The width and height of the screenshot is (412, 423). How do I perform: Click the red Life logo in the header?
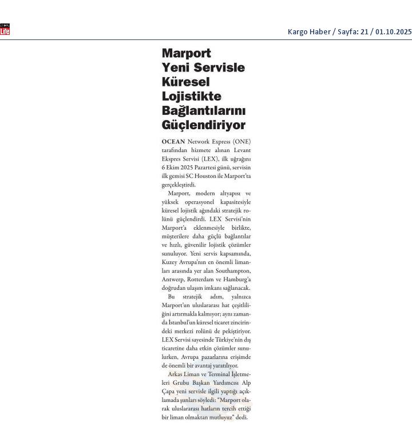click(x=5, y=30)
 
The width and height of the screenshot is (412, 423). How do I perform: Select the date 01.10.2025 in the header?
click(x=393, y=32)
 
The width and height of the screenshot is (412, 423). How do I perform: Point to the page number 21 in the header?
click(x=364, y=32)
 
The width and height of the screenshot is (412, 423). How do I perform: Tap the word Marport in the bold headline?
click(x=187, y=53)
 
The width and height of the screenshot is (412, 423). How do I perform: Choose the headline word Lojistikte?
click(x=192, y=96)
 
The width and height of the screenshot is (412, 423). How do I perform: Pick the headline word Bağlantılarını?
click(x=204, y=110)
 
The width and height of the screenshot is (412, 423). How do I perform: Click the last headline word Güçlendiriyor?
click(x=204, y=125)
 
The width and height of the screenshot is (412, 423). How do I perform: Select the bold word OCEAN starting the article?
click(x=173, y=141)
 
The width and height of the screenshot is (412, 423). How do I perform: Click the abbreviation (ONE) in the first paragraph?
click(x=241, y=141)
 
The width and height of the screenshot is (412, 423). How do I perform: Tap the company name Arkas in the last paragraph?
click(x=176, y=374)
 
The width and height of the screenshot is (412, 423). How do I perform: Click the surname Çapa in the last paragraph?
click(x=168, y=392)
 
